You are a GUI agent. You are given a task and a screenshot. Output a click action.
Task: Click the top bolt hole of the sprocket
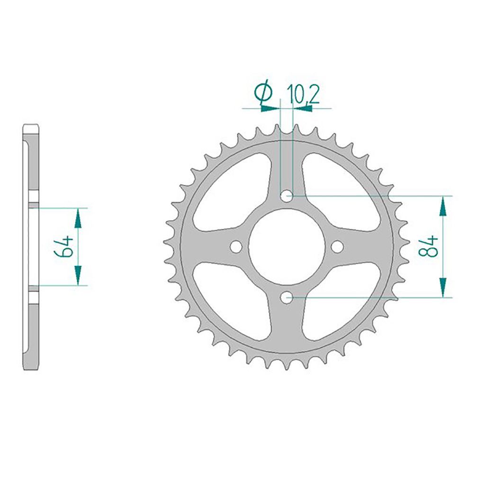(287, 196)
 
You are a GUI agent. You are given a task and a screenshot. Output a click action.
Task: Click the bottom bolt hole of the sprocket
(287, 297)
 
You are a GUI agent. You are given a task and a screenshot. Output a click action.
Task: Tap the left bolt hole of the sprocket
(236, 246)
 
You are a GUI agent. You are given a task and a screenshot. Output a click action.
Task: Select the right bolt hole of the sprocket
(337, 246)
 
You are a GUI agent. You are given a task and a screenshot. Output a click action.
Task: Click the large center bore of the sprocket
(287, 246)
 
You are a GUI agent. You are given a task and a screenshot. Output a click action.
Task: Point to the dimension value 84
(428, 246)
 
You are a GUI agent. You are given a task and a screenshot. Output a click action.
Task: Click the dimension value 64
(64, 246)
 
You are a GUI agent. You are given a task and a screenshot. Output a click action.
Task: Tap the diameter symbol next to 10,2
(263, 92)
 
